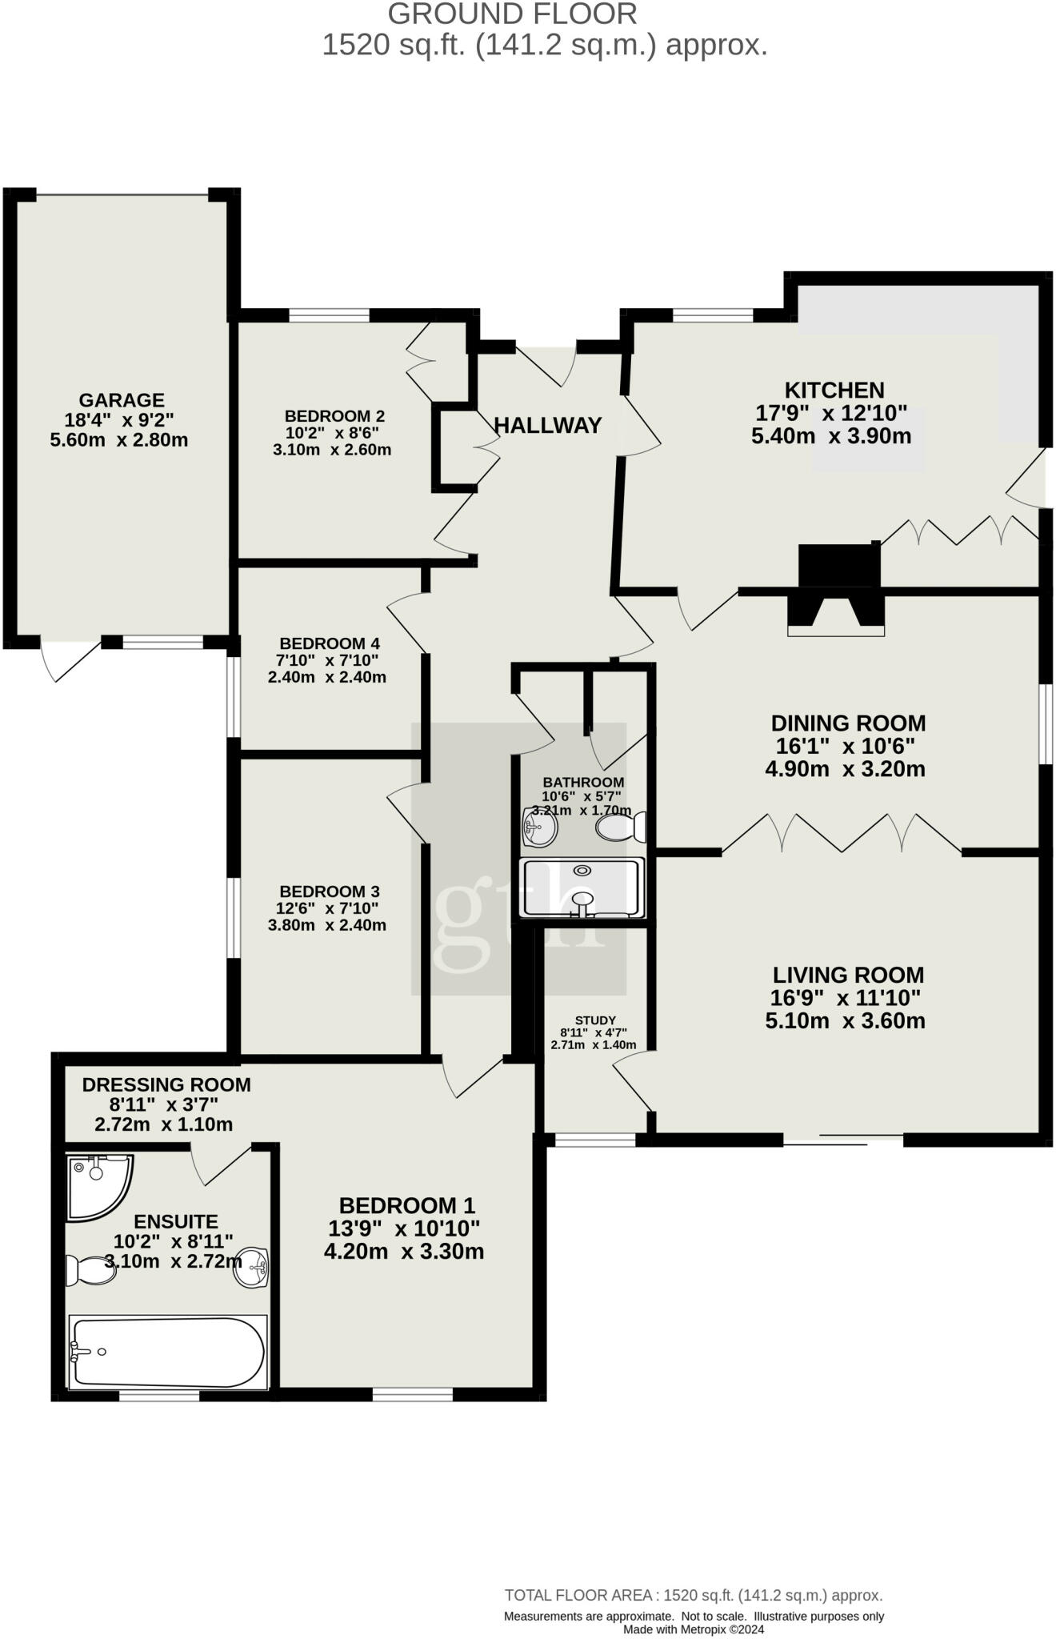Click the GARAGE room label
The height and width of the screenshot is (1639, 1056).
pos(122,400)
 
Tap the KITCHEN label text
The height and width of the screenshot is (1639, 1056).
pos(834,391)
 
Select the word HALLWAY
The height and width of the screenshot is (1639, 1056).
pos(548,426)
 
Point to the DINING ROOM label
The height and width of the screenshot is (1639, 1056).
pos(848,723)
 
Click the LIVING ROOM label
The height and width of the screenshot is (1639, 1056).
pos(848,975)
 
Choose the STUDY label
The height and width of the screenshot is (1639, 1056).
pos(595,1020)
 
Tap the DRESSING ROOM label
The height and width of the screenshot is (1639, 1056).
pos(166,1085)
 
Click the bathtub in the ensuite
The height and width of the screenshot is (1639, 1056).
pos(168,1352)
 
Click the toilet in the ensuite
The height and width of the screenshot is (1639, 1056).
pos(90,1269)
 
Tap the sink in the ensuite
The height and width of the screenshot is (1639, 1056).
pos(251,1267)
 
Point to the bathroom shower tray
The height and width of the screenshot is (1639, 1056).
pos(582,888)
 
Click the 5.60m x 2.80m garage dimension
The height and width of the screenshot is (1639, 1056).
pos(119,440)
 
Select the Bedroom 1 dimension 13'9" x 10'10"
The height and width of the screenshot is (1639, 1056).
pos(404,1228)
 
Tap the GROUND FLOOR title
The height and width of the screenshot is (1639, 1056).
pos(513,14)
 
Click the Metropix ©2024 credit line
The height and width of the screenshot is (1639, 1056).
pos(694,1629)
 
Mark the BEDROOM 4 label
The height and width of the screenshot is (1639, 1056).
pos(330,643)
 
